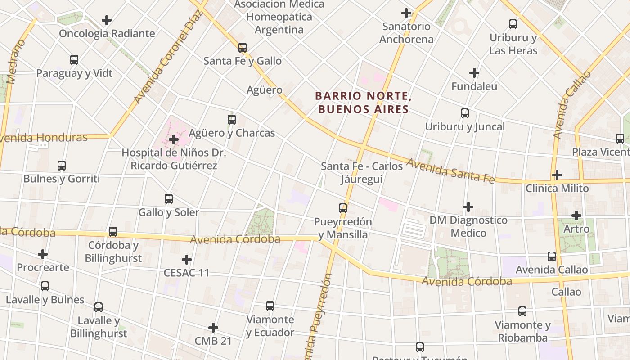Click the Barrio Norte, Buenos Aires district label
(x=363, y=102)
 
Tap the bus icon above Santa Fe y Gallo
(x=243, y=47)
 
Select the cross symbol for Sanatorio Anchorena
(x=406, y=13)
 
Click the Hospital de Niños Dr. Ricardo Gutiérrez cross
(x=174, y=139)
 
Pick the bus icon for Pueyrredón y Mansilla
(x=343, y=208)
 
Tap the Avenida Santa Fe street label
(x=450, y=171)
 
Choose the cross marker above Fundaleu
(x=474, y=72)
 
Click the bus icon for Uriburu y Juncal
(x=465, y=113)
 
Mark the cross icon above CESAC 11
(x=186, y=259)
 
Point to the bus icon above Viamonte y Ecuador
(x=270, y=306)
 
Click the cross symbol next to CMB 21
(x=213, y=328)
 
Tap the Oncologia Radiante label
(x=107, y=33)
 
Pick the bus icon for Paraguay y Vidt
(x=74, y=59)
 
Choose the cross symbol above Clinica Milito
(x=557, y=175)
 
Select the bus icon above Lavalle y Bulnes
(x=45, y=286)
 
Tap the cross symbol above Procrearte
(x=43, y=254)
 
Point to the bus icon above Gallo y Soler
(x=169, y=198)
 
